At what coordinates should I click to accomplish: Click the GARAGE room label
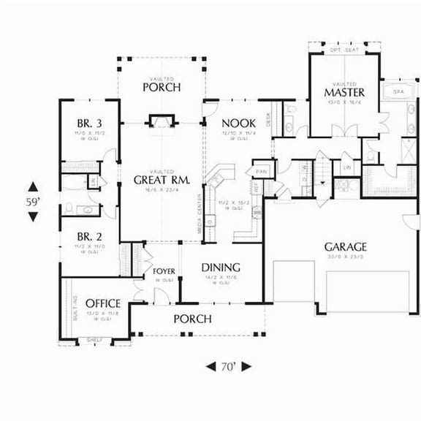[345, 247]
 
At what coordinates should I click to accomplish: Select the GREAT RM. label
[162, 179]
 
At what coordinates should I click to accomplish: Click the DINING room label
[221, 268]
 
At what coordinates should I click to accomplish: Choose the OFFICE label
[102, 303]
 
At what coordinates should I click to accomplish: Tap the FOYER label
[164, 271]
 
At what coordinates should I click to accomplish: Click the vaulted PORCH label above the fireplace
[162, 88]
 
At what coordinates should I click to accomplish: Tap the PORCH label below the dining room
[192, 319]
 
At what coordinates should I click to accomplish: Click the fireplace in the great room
[161, 119]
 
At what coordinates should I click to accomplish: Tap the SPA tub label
[398, 92]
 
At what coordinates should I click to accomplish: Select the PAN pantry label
[260, 171]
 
